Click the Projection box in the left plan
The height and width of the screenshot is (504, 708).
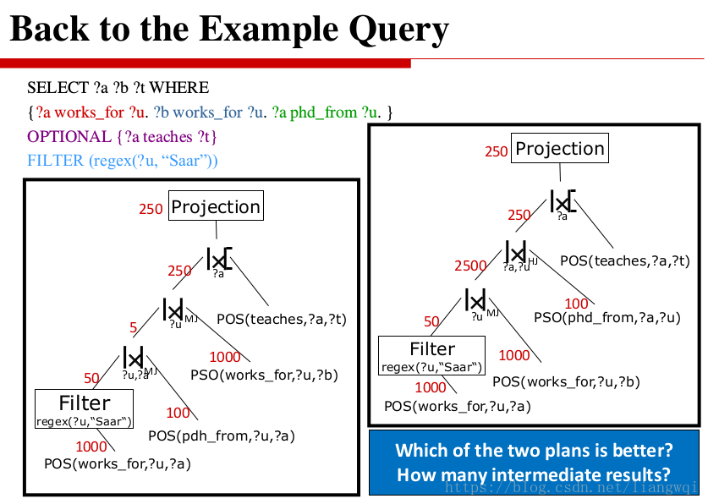coord(216,205)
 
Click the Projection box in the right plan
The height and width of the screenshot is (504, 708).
coord(559,148)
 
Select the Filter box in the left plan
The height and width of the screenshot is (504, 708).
coord(84,408)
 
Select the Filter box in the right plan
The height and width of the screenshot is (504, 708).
coord(431,355)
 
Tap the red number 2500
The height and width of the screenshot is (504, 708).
coord(470,266)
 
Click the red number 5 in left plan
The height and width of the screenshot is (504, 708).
coord(133,327)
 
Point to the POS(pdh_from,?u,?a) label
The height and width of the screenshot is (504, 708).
coord(222,436)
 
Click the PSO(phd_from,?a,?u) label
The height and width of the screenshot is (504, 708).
coord(606,318)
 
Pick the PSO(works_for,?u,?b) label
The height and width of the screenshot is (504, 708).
coord(264,375)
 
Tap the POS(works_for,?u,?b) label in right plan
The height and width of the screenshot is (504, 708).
coord(566,381)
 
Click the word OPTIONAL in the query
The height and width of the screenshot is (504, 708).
coord(69,137)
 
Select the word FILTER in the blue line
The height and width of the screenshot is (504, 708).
coord(56,161)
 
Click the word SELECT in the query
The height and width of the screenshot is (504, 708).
coord(58,88)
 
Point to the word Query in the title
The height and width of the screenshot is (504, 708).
coord(398,30)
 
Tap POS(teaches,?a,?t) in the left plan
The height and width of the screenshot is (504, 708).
coord(282,319)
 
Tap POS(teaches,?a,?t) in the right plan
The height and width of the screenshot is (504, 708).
coord(625,260)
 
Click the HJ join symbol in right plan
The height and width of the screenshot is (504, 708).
coord(516,252)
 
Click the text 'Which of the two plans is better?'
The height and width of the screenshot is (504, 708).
coord(534,451)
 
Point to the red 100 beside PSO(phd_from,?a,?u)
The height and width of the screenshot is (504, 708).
coord(576,304)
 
